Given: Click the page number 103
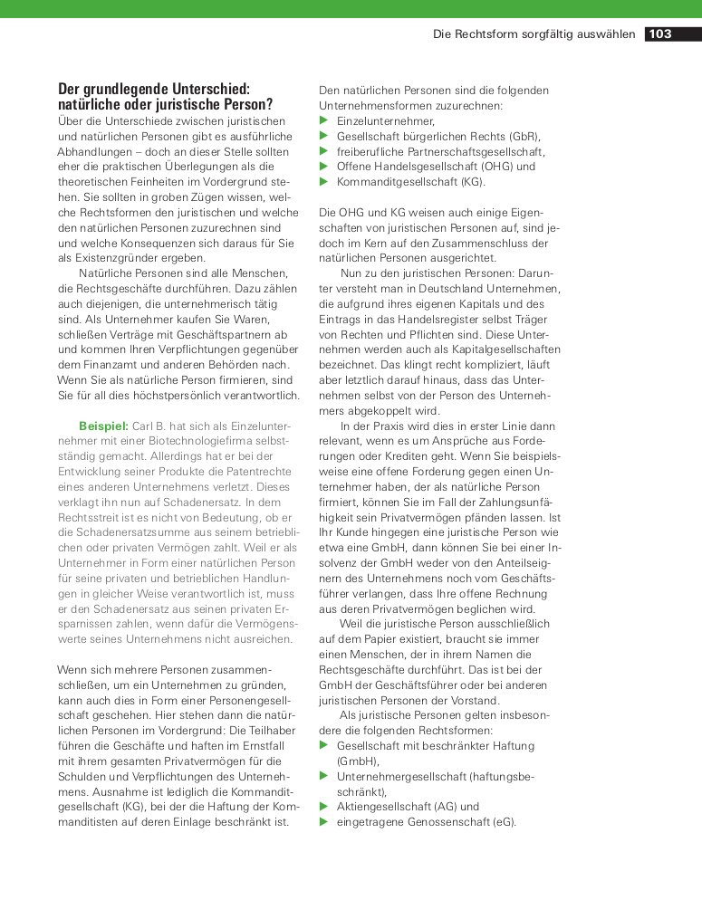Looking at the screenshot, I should (660, 34).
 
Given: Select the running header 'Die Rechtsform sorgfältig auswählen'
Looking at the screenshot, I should (534, 34).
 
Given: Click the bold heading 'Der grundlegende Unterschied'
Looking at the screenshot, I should (153, 90).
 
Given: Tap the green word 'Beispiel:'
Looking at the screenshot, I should (103, 425).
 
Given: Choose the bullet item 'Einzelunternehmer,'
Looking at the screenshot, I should (385, 120).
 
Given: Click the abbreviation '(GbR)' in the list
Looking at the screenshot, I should (524, 136).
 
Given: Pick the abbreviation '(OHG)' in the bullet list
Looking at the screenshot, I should (498, 167).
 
